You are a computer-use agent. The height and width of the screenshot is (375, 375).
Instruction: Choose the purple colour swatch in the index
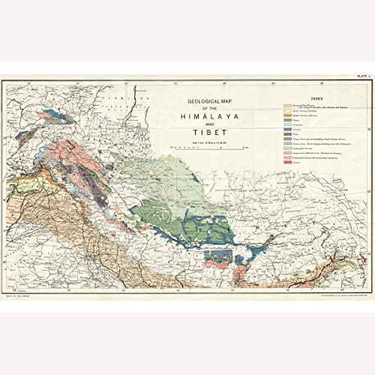tap(286, 133)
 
